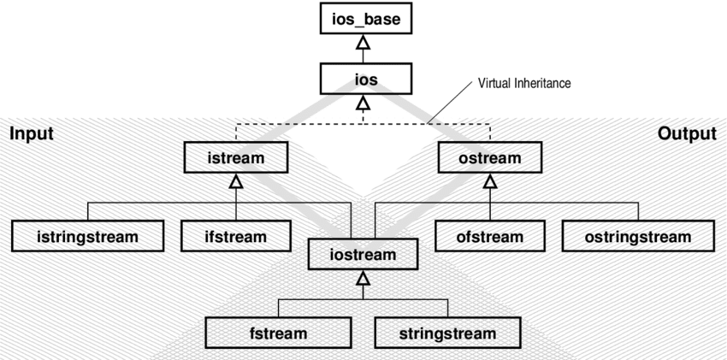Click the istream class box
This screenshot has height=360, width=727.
click(x=236, y=158)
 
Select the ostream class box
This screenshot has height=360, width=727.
click(x=490, y=158)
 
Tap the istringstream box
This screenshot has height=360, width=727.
click(x=88, y=236)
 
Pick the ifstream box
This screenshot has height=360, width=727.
click(x=236, y=236)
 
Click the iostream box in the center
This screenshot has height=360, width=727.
click(x=363, y=254)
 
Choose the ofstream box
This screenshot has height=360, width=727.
click(x=490, y=236)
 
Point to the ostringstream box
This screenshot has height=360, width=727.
click(x=637, y=236)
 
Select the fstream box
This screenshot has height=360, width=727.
click(x=279, y=333)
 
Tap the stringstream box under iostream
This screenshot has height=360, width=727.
click(x=447, y=333)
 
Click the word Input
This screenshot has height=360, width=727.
click(x=32, y=133)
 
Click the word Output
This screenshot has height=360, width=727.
click(x=687, y=133)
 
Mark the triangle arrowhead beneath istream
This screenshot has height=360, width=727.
click(x=236, y=180)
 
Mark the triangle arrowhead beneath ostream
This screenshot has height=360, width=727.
click(x=490, y=180)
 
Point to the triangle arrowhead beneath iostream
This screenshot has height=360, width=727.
click(x=363, y=277)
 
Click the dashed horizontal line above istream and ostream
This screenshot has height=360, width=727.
click(x=299, y=124)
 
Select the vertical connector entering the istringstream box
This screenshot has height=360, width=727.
click(x=88, y=212)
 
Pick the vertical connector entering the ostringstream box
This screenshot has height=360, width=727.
click(x=637, y=212)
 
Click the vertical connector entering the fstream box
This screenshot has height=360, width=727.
click(x=279, y=309)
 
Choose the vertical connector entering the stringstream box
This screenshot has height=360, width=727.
click(x=447, y=309)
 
